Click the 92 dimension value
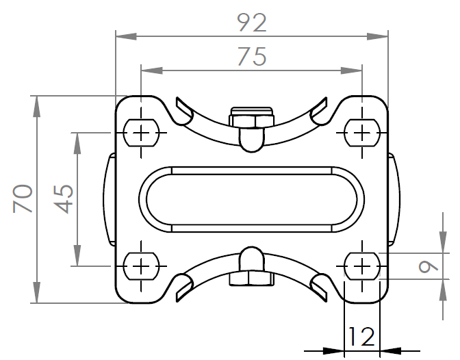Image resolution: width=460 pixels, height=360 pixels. [x=251, y=23]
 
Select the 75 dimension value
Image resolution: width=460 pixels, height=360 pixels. [x=251, y=58]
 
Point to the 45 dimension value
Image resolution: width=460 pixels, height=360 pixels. [x=64, y=198]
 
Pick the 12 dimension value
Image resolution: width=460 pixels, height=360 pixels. [x=361, y=337]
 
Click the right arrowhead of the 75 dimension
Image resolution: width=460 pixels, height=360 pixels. [x=357, y=69]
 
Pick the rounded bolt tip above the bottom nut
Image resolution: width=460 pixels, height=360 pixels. [x=251, y=258]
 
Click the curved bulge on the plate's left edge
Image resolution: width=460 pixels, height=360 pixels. [x=110, y=198]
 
